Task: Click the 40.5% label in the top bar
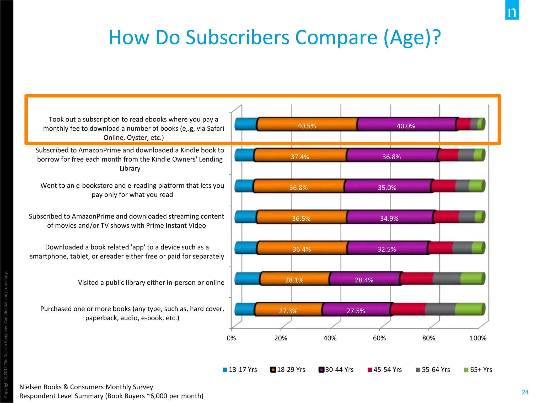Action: pos(306,126)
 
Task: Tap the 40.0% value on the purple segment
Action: pos(406,126)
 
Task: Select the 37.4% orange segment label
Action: pos(300,157)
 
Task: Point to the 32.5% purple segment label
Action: pos(386,249)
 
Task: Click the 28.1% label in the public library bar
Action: pos(294,280)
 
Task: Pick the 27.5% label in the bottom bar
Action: pos(356,311)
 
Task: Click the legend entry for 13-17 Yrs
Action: pos(240,370)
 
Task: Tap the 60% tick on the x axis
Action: pos(379,338)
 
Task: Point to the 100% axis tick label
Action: pos(478,338)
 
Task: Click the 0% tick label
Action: pos(231,338)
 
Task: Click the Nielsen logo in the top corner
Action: pos(512,10)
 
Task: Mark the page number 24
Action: pos(525,392)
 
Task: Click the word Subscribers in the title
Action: pos(237,37)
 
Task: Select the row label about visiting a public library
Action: pos(151,283)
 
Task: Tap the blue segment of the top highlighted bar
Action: pos(245,124)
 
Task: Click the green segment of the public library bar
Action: pos(472,278)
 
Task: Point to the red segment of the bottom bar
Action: pos(408,309)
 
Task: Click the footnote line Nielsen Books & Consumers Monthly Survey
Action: pos(86,387)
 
